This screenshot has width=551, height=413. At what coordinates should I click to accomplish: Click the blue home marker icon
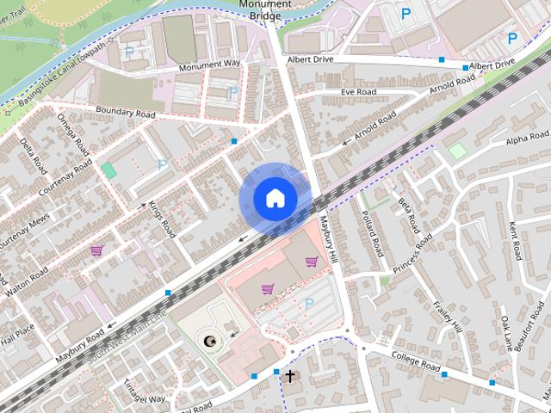pyautogui.click(x=275, y=199)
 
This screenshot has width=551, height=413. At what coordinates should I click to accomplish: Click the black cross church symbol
pyautogui.click(x=290, y=376)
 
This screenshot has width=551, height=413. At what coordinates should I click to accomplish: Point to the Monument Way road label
pyautogui.click(x=210, y=65)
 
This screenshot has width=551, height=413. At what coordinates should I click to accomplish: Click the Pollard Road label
pyautogui.click(x=371, y=233)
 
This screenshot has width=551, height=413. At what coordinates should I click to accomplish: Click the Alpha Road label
pyautogui.click(x=527, y=139)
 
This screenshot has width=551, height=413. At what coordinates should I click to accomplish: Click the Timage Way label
pyautogui.click(x=144, y=392)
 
